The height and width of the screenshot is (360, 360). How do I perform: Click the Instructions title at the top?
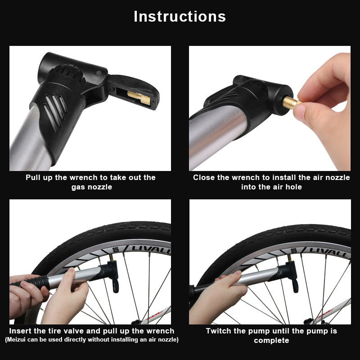pyautogui.click(x=180, y=16)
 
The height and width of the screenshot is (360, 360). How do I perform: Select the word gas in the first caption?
pyautogui.click(x=79, y=187)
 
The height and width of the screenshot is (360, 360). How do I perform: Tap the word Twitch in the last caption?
pyautogui.click(x=220, y=331)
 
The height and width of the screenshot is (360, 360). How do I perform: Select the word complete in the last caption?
pyautogui.click(x=271, y=340)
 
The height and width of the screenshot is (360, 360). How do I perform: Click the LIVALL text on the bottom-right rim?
pyautogui.click(x=328, y=251)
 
